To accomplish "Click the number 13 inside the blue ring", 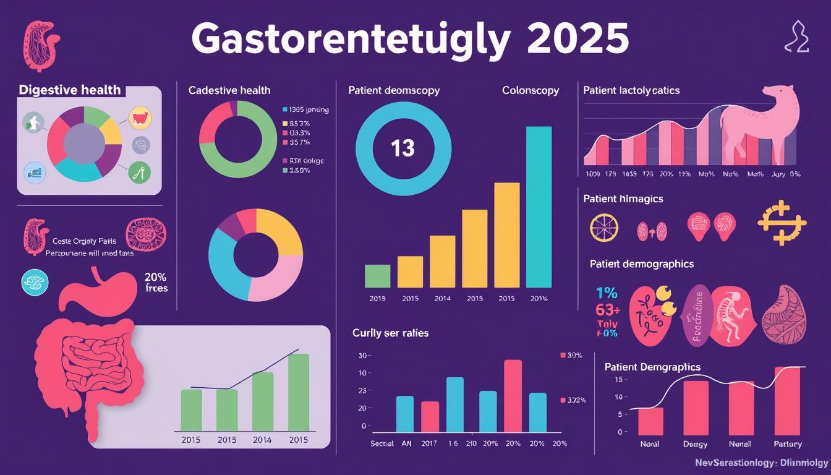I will pos(403,148).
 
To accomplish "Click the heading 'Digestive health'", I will pos(70,90).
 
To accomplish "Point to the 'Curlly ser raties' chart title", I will pos(390,333).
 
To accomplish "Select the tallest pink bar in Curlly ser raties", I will pos(513,396).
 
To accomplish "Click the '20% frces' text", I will pos(156,283).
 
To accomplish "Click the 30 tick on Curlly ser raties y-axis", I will pos(362,356).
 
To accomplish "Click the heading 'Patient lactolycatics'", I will pos(631,90).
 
